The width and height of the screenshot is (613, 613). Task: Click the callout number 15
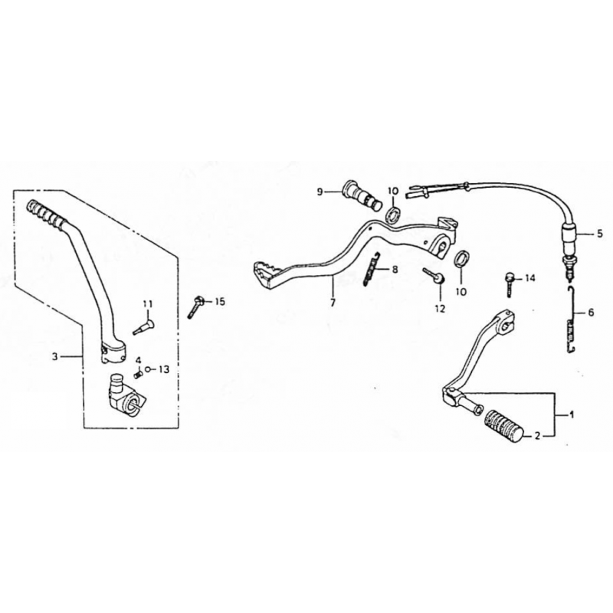(220, 302)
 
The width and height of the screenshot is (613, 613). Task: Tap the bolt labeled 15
(196, 307)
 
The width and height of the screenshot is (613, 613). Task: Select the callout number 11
(148, 303)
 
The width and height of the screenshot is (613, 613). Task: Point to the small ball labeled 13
(148, 369)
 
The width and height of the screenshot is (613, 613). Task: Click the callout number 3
(55, 356)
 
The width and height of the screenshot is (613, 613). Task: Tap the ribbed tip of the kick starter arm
(45, 215)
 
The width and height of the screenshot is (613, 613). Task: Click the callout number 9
(320, 192)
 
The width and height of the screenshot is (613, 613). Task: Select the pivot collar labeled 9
(362, 195)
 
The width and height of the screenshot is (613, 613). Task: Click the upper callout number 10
(393, 191)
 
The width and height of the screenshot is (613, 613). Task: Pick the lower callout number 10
(461, 292)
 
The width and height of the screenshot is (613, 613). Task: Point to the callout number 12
(440, 309)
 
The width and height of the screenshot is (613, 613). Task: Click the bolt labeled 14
(510, 284)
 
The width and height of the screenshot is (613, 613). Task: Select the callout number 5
(600, 235)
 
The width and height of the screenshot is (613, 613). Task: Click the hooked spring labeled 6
(571, 320)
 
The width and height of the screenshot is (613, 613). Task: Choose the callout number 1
(571, 414)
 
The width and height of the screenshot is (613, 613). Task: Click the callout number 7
(333, 303)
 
